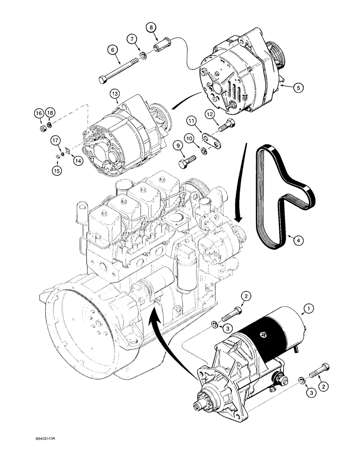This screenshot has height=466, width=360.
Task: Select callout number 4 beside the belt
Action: [x=295, y=240]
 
